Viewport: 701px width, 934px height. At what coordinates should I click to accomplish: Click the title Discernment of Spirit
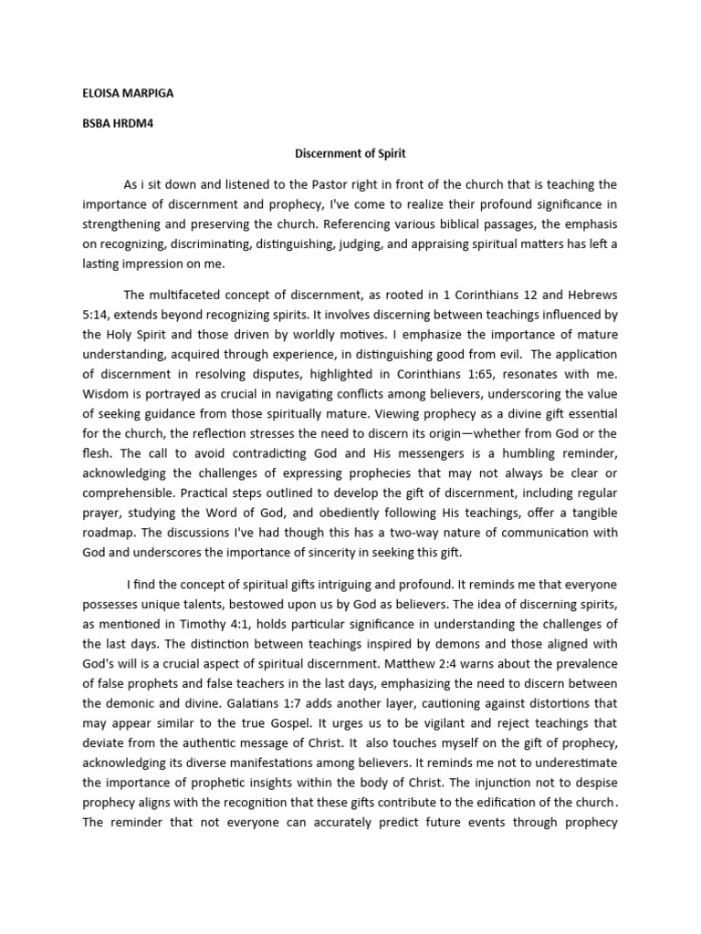click(350, 155)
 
